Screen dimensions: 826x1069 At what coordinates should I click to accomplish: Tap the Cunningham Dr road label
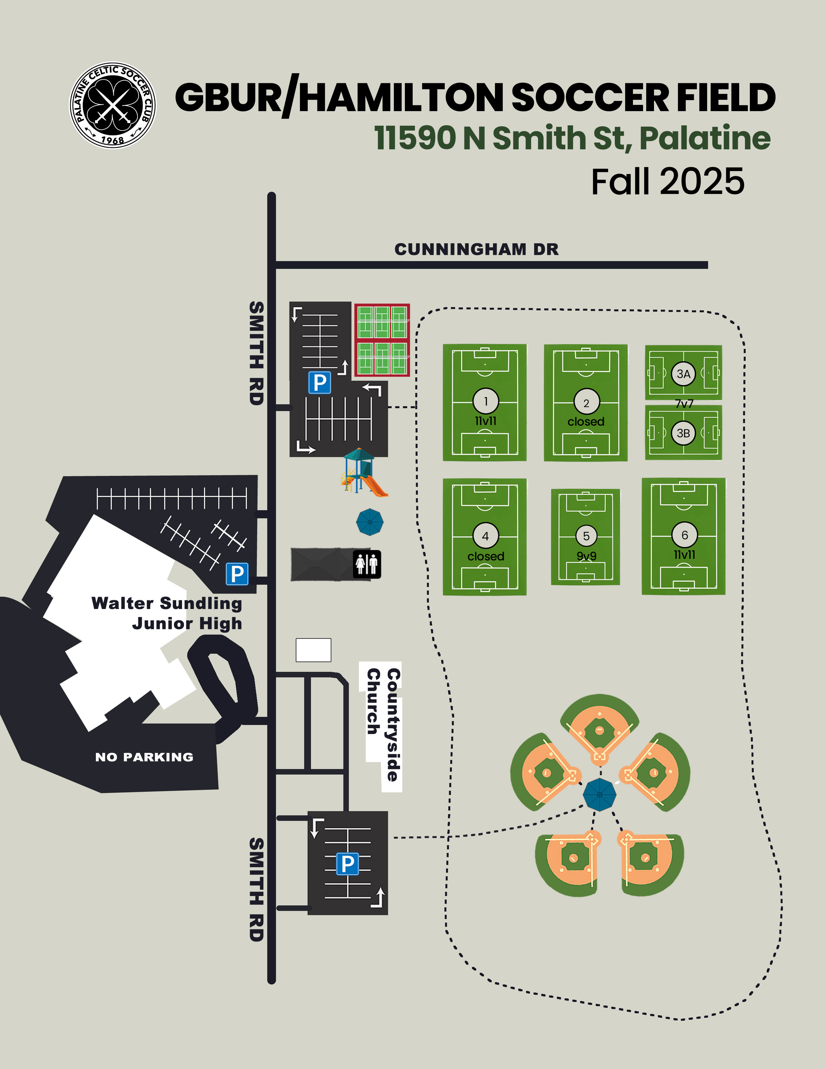476,249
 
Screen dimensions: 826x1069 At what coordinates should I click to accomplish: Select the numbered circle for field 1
486,401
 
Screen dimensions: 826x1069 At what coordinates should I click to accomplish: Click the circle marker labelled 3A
683,374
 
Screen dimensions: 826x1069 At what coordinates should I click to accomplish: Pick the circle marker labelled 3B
683,433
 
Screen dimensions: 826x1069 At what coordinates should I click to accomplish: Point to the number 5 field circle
586,536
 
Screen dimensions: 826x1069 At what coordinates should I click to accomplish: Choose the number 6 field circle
684,535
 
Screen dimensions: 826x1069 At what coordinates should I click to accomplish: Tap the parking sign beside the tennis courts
319,382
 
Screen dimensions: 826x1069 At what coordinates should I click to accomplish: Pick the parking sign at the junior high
237,574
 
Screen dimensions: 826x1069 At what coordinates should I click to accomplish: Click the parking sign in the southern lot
348,864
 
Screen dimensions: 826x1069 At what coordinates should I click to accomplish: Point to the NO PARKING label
144,757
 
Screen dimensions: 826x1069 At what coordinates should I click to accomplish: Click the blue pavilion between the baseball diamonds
600,794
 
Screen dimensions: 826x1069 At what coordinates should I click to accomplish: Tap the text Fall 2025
668,182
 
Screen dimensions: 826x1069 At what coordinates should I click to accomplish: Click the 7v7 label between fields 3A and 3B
684,404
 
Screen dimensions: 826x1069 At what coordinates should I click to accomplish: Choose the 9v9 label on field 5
586,556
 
